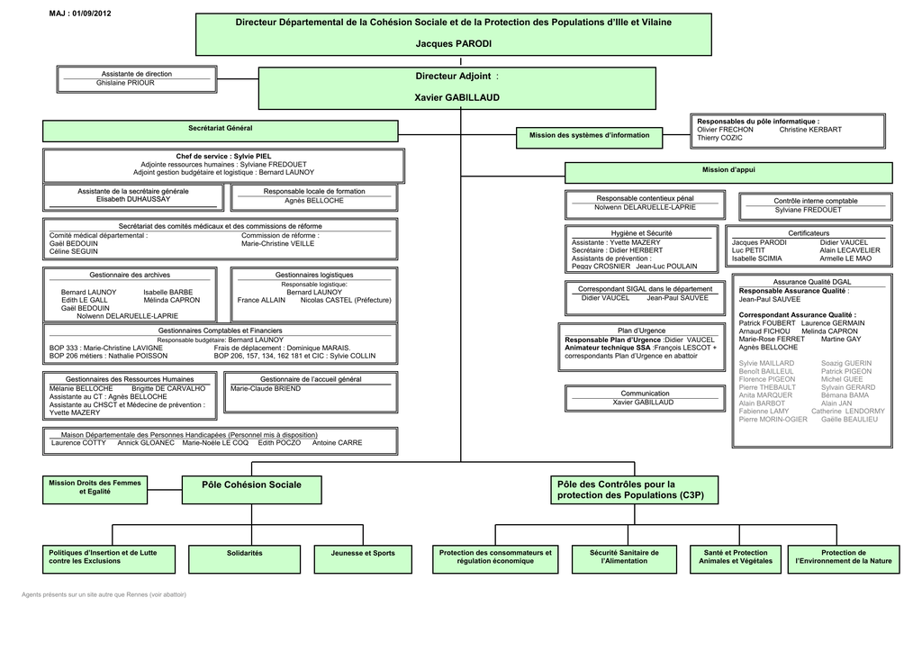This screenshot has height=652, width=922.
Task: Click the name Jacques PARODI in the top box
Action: pyautogui.click(x=454, y=44)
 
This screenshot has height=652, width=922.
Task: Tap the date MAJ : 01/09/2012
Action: pyautogui.click(x=80, y=13)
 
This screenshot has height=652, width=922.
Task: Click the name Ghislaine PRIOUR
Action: pyautogui.click(x=125, y=83)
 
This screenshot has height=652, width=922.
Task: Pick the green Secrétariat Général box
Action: pyautogui.click(x=220, y=130)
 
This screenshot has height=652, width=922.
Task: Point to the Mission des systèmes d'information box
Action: pyautogui.click(x=589, y=136)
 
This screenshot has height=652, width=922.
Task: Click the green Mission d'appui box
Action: pyautogui.click(x=728, y=171)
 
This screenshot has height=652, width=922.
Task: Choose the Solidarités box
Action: pyautogui.click(x=245, y=553)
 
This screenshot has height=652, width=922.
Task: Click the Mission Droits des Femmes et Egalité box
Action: pyautogui.click(x=95, y=487)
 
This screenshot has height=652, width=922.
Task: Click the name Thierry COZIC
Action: pyautogui.click(x=719, y=139)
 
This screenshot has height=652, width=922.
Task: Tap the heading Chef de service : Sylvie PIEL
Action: pyautogui.click(x=223, y=157)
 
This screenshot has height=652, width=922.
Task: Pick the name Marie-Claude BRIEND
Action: pyautogui.click(x=266, y=389)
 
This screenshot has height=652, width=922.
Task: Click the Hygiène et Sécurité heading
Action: pyautogui.click(x=641, y=233)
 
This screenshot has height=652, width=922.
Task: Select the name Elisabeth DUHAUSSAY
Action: pyautogui.click(x=132, y=200)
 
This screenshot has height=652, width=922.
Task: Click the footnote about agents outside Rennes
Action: pyautogui.click(x=104, y=594)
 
